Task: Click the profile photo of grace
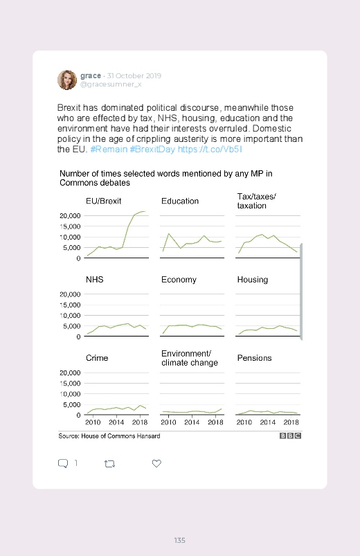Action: pyautogui.click(x=67, y=80)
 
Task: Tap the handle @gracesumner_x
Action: pyautogui.click(x=111, y=84)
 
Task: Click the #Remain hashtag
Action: pyautogui.click(x=109, y=150)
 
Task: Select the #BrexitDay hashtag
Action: pyautogui.click(x=152, y=150)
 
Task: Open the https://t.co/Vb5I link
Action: pyautogui.click(x=210, y=150)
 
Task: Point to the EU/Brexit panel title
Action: pyautogui.click(x=104, y=201)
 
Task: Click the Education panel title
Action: pyautogui.click(x=180, y=201)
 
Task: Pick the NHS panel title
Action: pyautogui.click(x=95, y=280)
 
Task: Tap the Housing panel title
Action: pyautogui.click(x=253, y=280)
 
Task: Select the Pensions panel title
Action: pyautogui.click(x=254, y=358)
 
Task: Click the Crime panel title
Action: pyautogui.click(x=97, y=358)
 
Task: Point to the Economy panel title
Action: pyautogui.click(x=179, y=280)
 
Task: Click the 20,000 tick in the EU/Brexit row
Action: pyautogui.click(x=70, y=215)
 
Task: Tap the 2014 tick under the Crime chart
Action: pyautogui.click(x=116, y=422)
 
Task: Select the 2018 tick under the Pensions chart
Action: pyautogui.click(x=291, y=422)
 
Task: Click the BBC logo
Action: pyautogui.click(x=291, y=436)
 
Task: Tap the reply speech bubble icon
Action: pyautogui.click(x=63, y=463)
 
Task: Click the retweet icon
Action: pyautogui.click(x=109, y=463)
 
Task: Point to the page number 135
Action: pyautogui.click(x=180, y=540)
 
